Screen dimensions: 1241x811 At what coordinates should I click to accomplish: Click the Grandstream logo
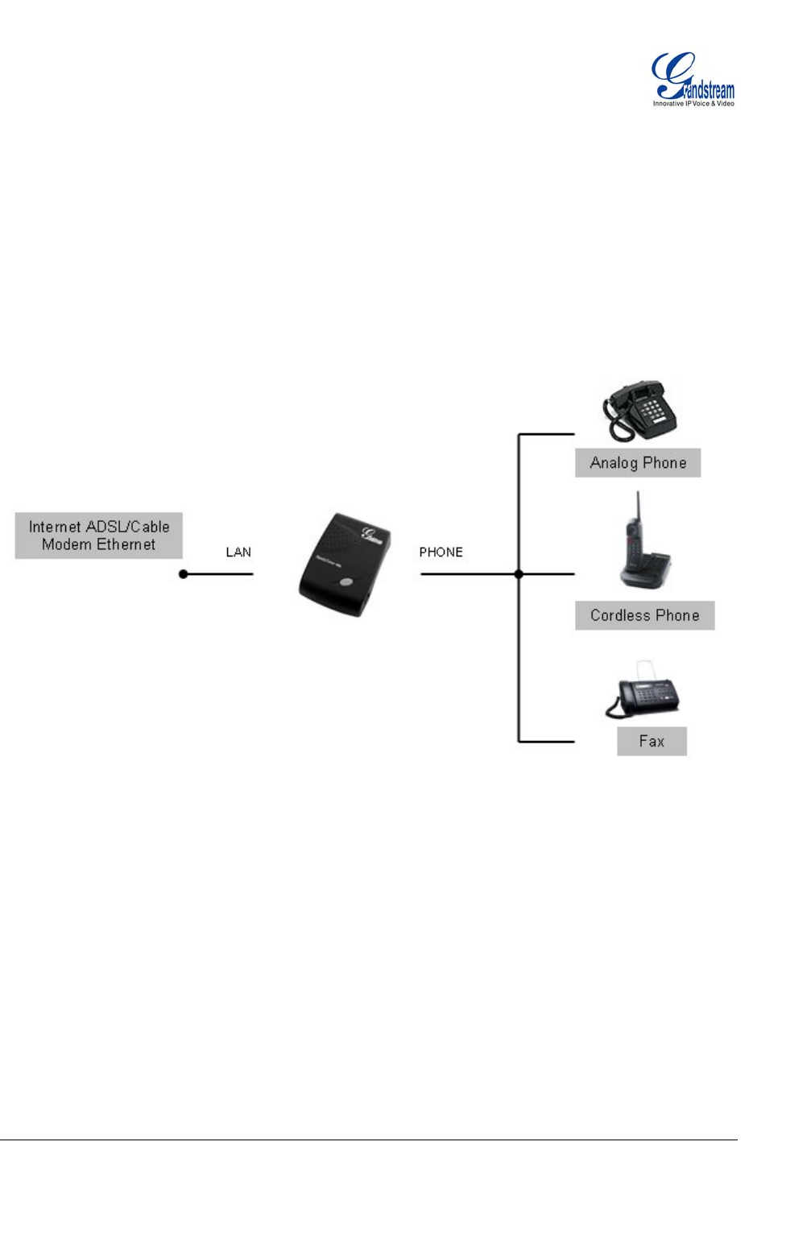[693, 78]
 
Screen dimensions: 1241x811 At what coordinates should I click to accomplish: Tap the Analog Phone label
[638, 463]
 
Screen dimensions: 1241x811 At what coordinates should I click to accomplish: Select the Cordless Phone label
[644, 615]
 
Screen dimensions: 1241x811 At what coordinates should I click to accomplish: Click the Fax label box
[652, 741]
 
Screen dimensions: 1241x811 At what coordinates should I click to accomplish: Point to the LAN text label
[238, 552]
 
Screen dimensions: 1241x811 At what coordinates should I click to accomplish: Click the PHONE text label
[441, 552]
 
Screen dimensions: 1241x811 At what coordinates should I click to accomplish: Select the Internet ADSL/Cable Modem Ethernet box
[99, 536]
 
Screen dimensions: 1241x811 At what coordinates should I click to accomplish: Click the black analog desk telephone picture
[640, 411]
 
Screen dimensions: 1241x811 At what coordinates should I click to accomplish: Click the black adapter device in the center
[345, 564]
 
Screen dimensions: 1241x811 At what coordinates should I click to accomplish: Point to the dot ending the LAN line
[184, 574]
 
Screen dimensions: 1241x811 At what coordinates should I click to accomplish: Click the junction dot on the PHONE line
[519, 574]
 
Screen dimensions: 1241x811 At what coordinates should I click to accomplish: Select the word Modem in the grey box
[66, 544]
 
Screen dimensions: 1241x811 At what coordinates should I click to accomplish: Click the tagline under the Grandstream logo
[693, 104]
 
